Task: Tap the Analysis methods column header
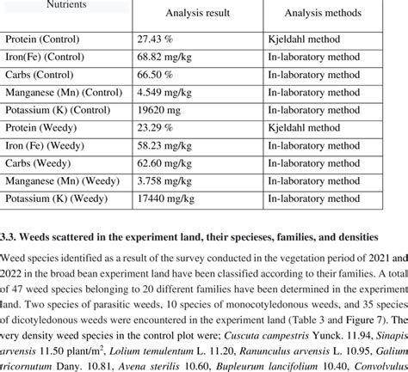coord(322,14)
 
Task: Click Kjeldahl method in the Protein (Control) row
coord(304,40)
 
